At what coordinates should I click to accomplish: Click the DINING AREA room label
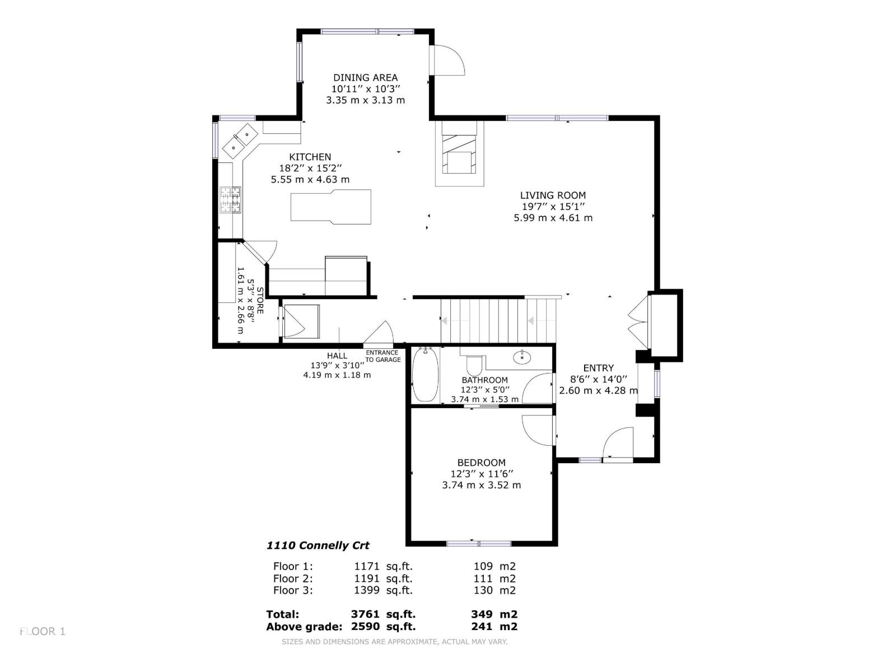click(x=365, y=78)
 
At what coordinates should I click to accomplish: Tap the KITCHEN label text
click(x=310, y=157)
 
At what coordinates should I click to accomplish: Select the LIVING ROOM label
click(x=553, y=195)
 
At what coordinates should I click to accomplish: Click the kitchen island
click(x=331, y=206)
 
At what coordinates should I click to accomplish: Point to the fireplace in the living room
click(x=459, y=155)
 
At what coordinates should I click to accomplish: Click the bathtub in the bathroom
click(x=424, y=374)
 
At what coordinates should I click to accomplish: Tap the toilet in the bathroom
click(x=474, y=365)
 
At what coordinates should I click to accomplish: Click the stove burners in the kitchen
click(x=230, y=200)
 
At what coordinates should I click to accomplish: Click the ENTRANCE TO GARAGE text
click(x=382, y=356)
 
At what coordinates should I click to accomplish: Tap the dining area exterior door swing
click(x=448, y=59)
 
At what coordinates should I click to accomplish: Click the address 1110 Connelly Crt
click(x=318, y=545)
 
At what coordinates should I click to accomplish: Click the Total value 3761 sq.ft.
click(x=382, y=614)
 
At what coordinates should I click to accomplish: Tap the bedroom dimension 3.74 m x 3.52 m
click(x=481, y=485)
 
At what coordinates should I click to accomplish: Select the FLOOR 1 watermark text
click(x=43, y=632)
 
